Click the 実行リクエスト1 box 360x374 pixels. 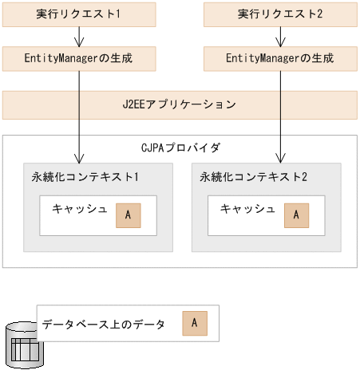[x=79, y=15]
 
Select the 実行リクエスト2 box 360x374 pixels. [x=280, y=15]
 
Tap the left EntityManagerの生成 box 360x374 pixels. [x=79, y=58]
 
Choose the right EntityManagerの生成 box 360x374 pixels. [x=280, y=58]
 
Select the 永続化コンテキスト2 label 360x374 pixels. [x=253, y=176]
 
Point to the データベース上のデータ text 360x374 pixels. [x=104, y=324]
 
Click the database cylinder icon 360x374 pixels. [x=22, y=345]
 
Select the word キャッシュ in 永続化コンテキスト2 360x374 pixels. [x=247, y=210]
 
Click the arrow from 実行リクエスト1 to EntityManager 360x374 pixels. [x=79, y=37]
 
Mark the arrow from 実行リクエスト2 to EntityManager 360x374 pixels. [x=280, y=37]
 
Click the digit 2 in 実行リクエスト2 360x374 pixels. [x=319, y=15]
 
